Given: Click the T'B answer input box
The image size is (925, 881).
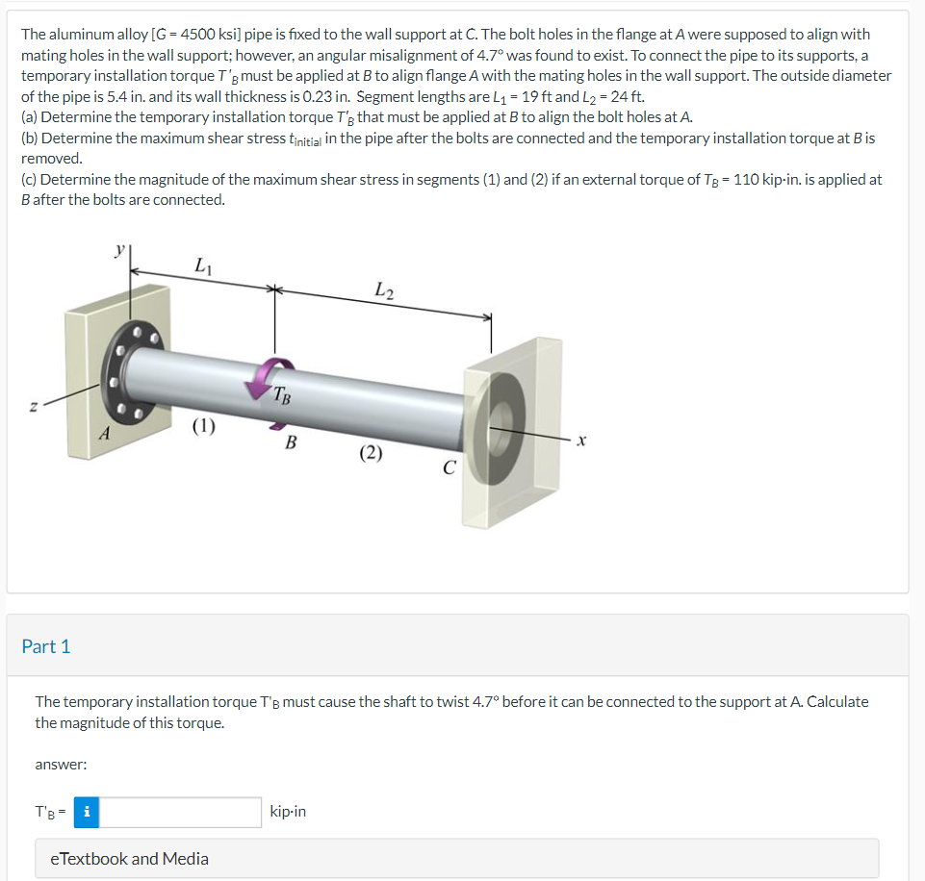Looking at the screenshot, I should [x=180, y=812].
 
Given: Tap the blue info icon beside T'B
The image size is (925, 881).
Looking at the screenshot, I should [x=87, y=812].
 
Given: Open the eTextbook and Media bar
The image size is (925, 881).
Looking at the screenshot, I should [x=129, y=858].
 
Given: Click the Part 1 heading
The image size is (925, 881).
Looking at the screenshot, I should [x=46, y=646].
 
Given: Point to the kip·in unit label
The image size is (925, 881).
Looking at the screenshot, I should [x=288, y=812].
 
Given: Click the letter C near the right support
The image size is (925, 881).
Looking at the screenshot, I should [x=448, y=467].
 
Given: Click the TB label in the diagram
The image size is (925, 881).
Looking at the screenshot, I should [x=280, y=393].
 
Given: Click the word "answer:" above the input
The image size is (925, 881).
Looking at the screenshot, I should [x=61, y=765].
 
